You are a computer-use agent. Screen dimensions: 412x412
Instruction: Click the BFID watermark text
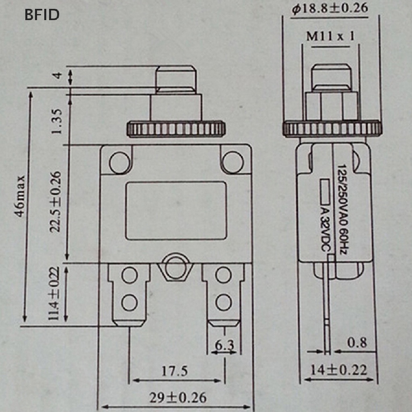click(x=42, y=15)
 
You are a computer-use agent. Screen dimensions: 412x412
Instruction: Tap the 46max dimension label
click(x=20, y=196)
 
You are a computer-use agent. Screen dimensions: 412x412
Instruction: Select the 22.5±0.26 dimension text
click(x=56, y=202)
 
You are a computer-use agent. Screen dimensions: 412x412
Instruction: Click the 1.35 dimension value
click(x=56, y=122)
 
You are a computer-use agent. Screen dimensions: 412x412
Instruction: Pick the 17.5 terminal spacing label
click(x=175, y=371)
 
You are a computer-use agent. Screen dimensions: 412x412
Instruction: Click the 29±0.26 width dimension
click(x=178, y=398)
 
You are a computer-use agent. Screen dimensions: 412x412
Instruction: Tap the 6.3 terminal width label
click(x=225, y=345)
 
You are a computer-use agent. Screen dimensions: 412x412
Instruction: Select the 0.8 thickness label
click(x=357, y=343)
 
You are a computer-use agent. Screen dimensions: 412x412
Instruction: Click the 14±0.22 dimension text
click(x=339, y=370)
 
